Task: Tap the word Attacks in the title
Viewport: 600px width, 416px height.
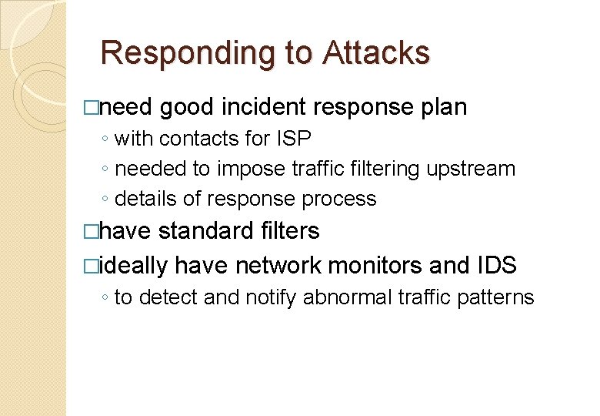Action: pos(376,53)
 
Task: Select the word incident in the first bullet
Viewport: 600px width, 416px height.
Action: pos(264,107)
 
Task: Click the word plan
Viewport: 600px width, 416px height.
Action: pos(444,107)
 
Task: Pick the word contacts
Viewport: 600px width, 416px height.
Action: pos(199,139)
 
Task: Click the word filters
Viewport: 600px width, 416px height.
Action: pos(292,230)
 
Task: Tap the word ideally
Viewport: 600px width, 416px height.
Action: pos(133,265)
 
